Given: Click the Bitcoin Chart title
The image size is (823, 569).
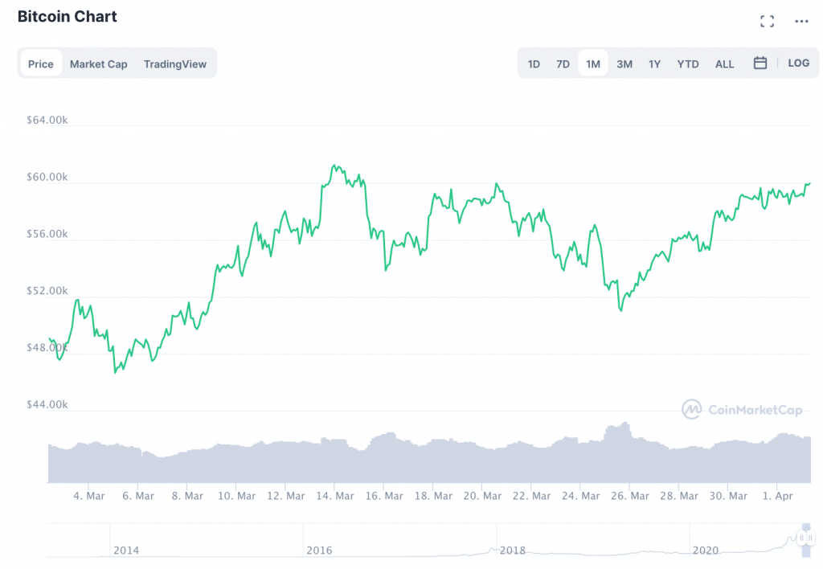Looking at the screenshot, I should (x=68, y=17).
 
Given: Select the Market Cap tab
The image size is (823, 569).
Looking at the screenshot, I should (x=98, y=64).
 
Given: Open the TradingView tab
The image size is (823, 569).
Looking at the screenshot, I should (x=175, y=64).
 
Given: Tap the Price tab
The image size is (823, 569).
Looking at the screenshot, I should (x=41, y=64).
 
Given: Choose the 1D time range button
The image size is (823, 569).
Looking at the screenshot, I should (x=534, y=64).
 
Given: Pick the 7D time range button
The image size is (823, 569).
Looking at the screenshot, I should (x=563, y=64).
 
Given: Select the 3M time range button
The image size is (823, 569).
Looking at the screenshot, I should (x=624, y=64).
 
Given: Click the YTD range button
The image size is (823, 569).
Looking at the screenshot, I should (x=688, y=64).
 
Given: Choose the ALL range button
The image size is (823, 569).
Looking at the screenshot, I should (x=724, y=64).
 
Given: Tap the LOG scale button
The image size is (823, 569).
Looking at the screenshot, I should (x=798, y=63).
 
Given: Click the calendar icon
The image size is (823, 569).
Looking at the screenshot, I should (x=760, y=63).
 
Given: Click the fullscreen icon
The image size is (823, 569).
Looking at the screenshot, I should (x=767, y=22).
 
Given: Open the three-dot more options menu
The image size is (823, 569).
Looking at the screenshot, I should (x=801, y=22).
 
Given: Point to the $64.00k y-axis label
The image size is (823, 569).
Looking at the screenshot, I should (x=47, y=121).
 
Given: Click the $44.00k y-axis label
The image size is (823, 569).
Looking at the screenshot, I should (x=47, y=404).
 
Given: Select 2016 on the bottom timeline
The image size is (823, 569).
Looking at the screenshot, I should (x=320, y=551).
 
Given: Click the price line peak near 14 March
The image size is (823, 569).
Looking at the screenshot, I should (x=334, y=166).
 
